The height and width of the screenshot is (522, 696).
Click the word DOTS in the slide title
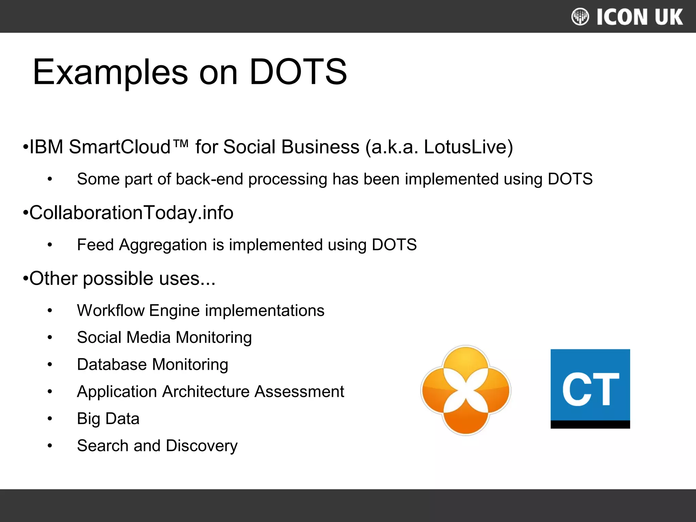click(298, 72)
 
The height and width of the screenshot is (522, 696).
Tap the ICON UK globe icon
click(580, 17)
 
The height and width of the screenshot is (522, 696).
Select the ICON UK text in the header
click(640, 17)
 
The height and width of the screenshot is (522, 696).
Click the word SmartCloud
click(120, 147)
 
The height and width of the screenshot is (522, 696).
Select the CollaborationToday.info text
click(131, 213)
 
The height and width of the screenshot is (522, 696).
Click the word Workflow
click(111, 311)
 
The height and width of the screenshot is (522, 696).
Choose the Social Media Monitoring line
click(164, 337)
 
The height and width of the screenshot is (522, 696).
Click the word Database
click(112, 365)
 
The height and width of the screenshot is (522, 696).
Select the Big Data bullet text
click(108, 419)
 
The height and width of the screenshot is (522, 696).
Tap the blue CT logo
click(590, 388)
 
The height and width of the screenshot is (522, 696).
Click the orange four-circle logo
click(466, 390)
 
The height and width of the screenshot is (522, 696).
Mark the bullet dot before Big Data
click(50, 419)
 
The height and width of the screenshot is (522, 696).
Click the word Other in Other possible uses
click(53, 279)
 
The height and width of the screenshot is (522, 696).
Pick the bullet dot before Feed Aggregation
click(50, 245)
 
